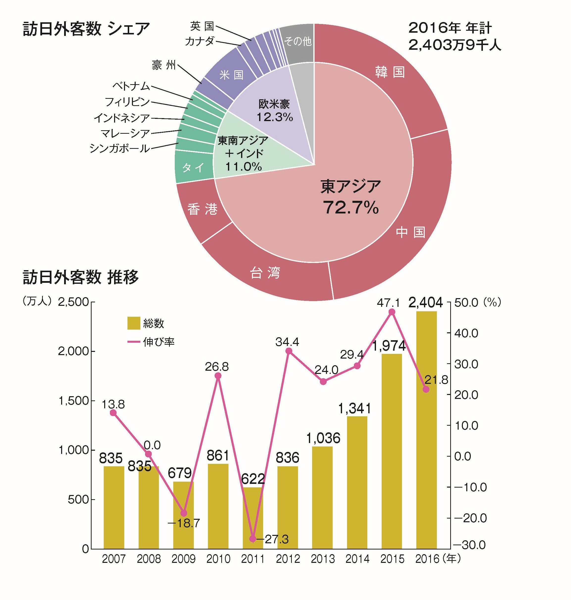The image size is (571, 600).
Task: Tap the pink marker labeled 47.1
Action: [392, 312]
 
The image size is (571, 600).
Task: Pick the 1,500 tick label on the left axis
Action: [73, 401]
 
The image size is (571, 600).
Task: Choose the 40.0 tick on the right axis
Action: [466, 333]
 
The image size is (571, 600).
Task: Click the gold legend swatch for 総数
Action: [134, 323]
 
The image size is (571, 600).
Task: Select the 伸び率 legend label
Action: [159, 342]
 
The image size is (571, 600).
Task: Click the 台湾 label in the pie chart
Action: [265, 273]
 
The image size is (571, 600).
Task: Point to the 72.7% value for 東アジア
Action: [351, 208]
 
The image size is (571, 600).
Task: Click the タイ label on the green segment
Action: [193, 167]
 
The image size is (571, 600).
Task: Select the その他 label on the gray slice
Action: [298, 41]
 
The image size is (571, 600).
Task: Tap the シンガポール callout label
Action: [120, 149]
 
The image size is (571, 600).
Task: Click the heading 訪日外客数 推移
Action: [81, 277]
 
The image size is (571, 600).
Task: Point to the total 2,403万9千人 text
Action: [454, 45]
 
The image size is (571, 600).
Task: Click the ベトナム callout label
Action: [131, 86]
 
